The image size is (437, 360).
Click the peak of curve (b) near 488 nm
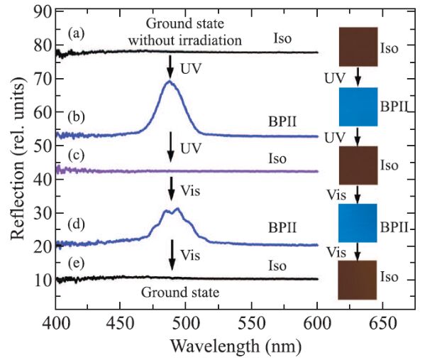tap(170, 82)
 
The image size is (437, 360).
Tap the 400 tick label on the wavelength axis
tap(55, 324)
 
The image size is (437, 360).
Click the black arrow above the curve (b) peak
tap(170, 67)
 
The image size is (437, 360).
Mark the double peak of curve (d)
tap(172, 211)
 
